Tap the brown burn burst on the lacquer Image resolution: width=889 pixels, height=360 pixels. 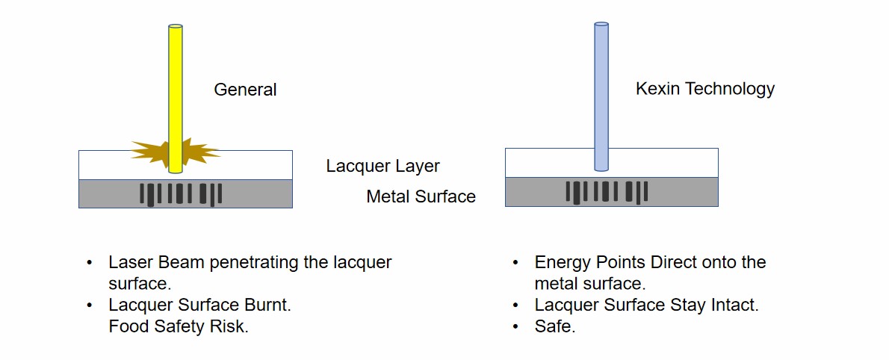[149, 152]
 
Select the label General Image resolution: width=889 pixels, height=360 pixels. [245, 90]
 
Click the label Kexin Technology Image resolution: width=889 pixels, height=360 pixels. [704, 89]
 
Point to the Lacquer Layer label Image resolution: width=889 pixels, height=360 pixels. [382, 166]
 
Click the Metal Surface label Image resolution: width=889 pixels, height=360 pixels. [421, 196]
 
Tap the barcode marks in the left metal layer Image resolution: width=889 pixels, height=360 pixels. [181, 193]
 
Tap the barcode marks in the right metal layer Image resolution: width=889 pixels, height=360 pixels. [607, 192]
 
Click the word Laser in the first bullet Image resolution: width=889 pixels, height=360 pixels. [129, 262]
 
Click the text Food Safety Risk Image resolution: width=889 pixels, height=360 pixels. [178, 326]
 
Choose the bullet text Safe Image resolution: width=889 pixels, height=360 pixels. [554, 326]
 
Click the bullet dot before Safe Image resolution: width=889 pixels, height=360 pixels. [515, 326]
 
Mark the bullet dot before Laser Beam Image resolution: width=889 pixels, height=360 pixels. [90, 262]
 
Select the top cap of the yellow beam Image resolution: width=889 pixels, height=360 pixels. [176, 27]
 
